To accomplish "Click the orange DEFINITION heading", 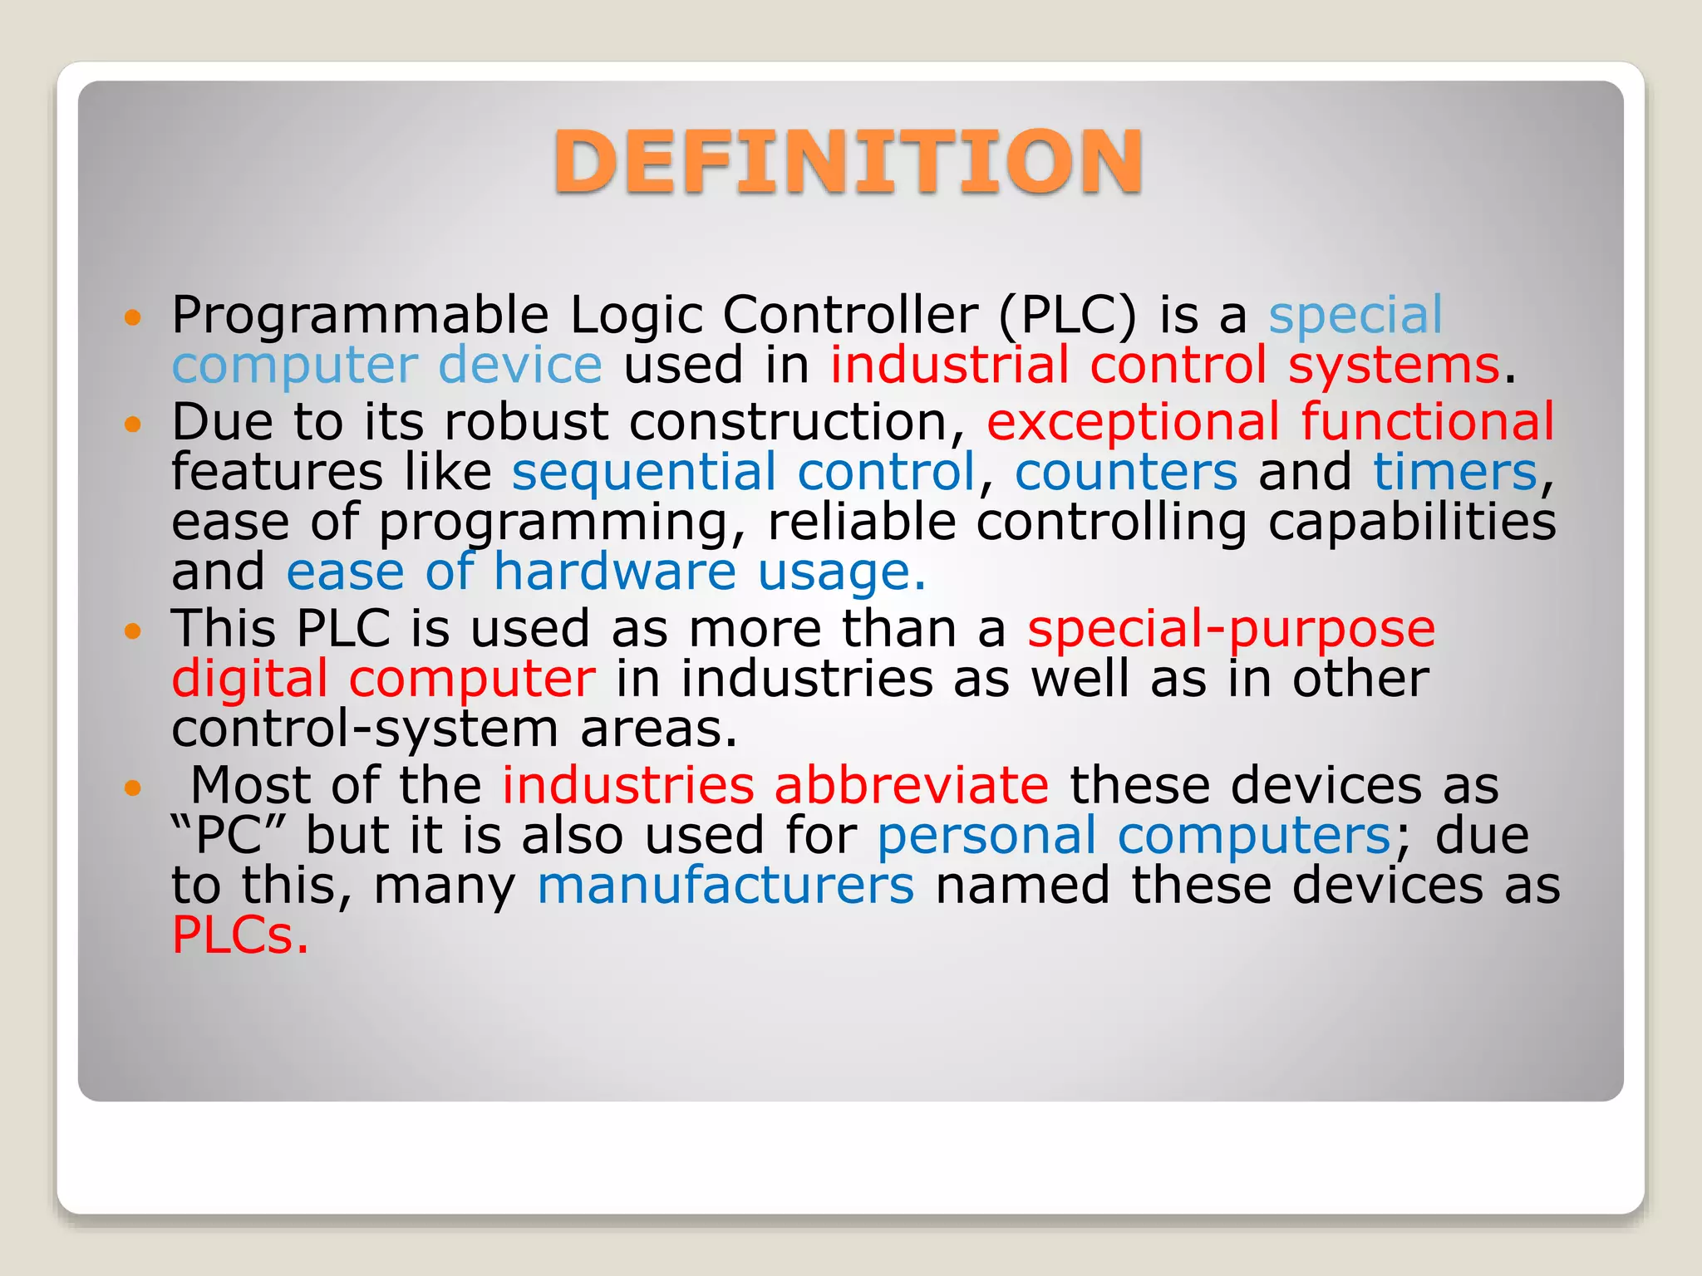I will tap(848, 161).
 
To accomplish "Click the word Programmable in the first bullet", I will tap(360, 316).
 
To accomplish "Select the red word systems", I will tap(1394, 366).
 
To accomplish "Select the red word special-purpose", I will tap(1231, 629).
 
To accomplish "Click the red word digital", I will tap(249, 679).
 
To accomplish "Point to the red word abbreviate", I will tap(911, 785).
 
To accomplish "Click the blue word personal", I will tap(987, 835).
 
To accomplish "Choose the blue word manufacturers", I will tap(726, 885).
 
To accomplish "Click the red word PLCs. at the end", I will tap(239, 935).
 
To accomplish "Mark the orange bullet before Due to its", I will tap(133, 425).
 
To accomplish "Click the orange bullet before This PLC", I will tap(133, 631).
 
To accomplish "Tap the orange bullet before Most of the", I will tap(133, 787).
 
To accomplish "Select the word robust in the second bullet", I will tap(526, 422).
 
